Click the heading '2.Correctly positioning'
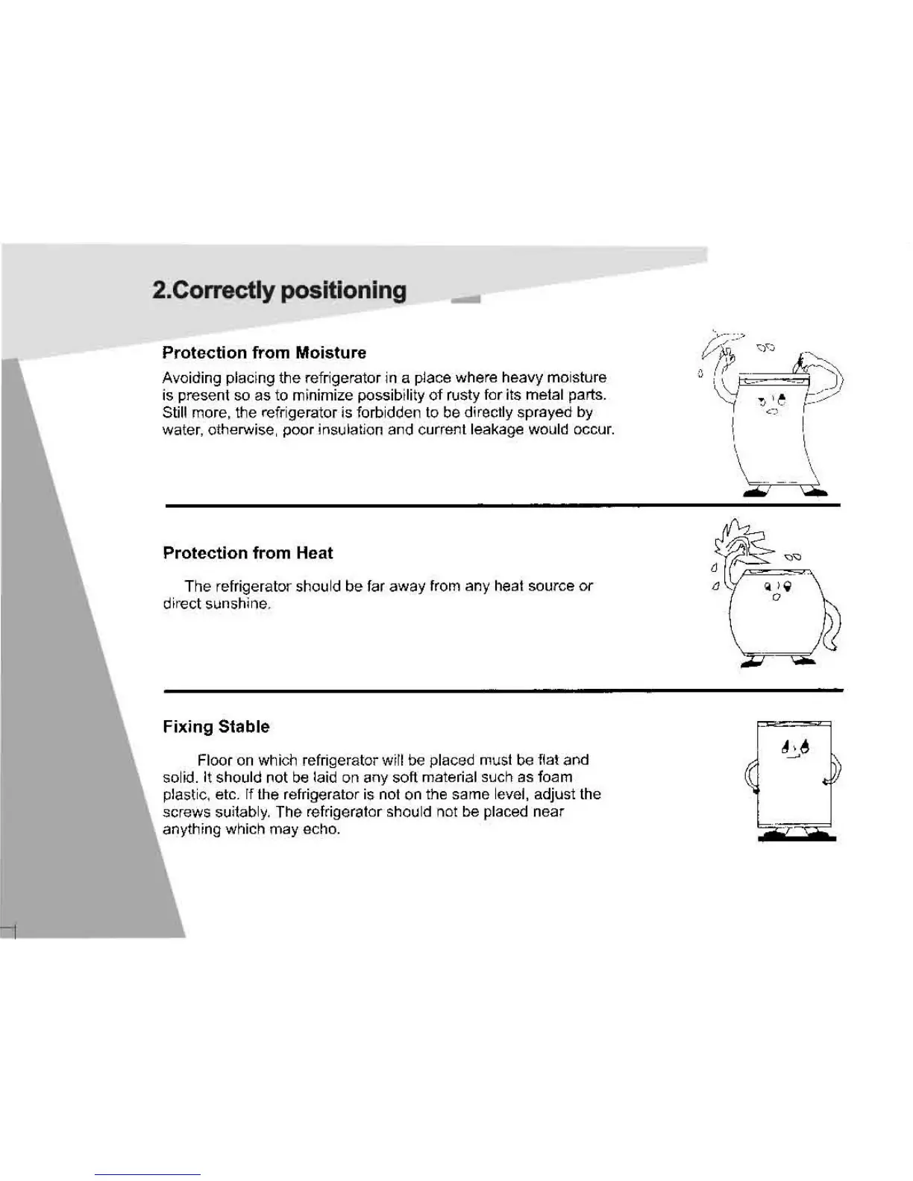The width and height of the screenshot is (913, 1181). (x=279, y=290)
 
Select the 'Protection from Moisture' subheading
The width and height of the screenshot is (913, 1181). (x=264, y=353)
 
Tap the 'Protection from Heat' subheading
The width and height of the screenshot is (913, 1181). (x=248, y=553)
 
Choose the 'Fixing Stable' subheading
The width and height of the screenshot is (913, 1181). (x=216, y=727)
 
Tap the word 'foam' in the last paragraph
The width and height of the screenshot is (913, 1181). (x=553, y=777)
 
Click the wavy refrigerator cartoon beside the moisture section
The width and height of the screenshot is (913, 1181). (x=772, y=425)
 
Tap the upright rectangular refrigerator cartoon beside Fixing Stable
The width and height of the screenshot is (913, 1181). (x=794, y=779)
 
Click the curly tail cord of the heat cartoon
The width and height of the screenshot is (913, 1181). (x=835, y=634)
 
